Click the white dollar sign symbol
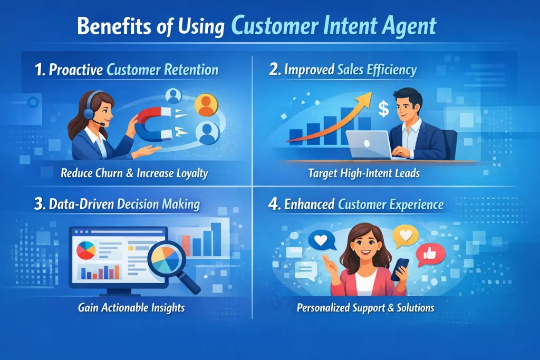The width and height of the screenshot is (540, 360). point(383,110)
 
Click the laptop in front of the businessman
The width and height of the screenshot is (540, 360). point(368,144)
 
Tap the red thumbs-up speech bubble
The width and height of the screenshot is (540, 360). point(428,255)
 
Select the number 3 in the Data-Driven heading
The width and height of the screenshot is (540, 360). point(37,204)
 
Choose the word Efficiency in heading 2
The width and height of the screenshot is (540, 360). point(391,70)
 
